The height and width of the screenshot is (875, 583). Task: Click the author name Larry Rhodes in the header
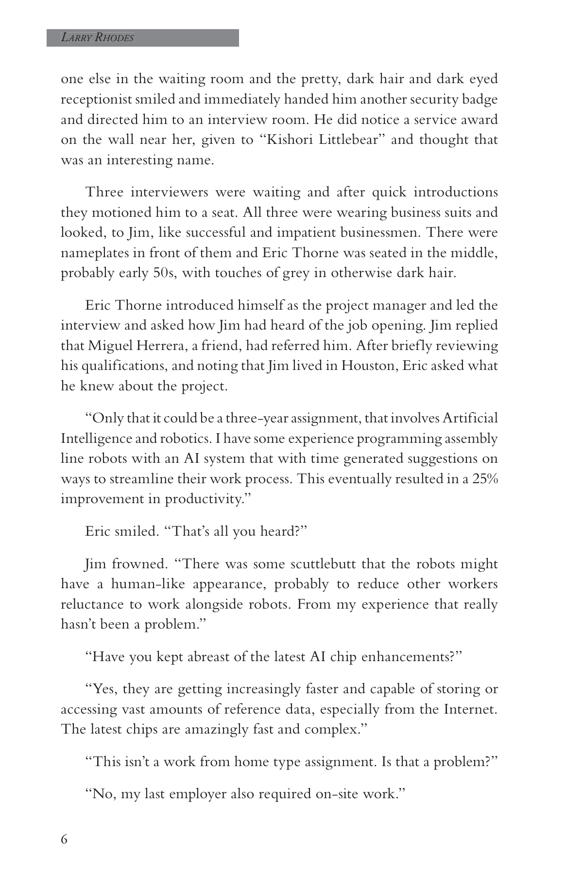pos(97,38)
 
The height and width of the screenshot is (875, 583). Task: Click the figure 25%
pos(484,479)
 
